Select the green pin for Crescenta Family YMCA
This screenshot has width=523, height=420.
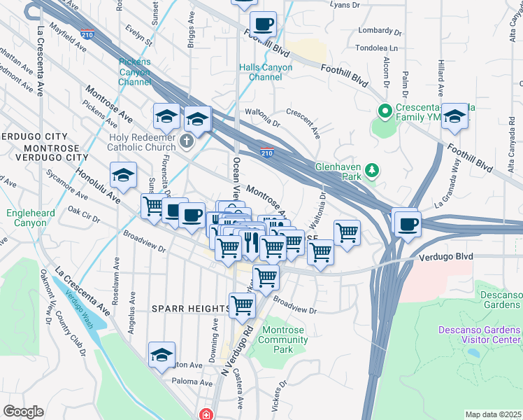[384, 111]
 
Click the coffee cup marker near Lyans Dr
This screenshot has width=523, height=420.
[263, 24]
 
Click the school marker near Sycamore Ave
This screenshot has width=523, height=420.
[124, 176]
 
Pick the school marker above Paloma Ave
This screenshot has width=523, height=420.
[162, 355]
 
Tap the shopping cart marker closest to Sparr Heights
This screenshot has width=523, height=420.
[242, 305]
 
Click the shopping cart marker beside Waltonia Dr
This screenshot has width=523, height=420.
[347, 232]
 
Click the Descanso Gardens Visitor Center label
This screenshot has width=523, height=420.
[479, 335]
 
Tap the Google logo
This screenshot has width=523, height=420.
[23, 412]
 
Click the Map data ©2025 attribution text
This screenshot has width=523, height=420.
[493, 414]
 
